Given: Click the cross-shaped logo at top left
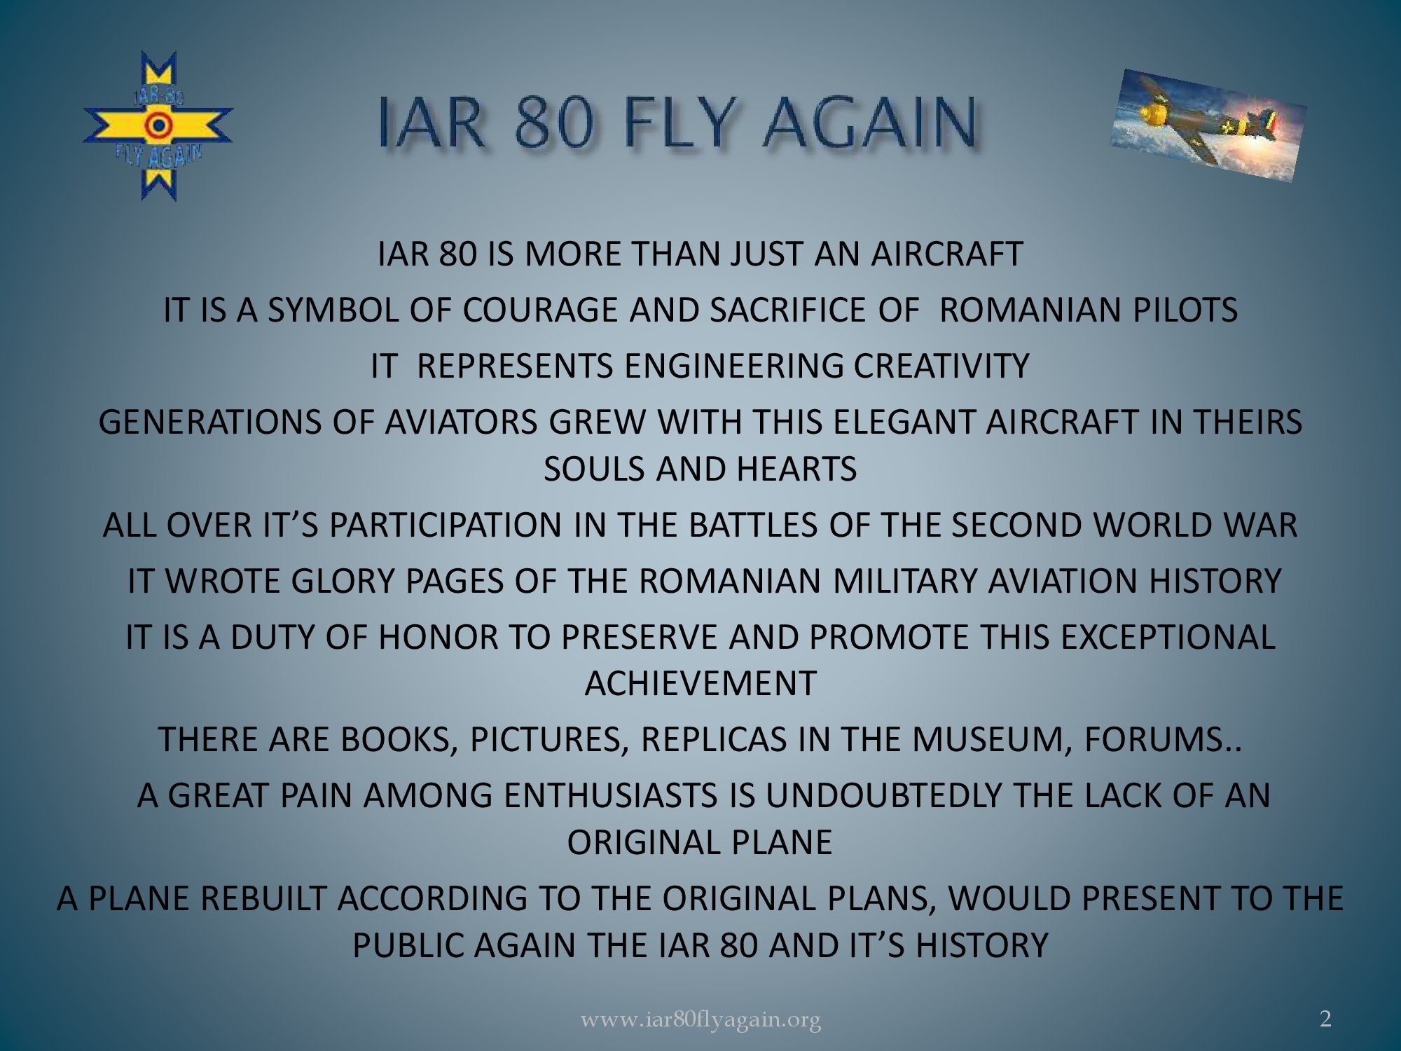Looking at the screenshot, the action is click(158, 126).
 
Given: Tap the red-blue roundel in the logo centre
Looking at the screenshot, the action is click(158, 125).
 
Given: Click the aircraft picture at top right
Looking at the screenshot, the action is click(1208, 125).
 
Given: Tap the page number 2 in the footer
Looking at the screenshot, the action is click(1325, 1019).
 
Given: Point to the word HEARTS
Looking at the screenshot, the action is click(796, 469).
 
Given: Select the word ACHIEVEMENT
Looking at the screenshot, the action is click(700, 683).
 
